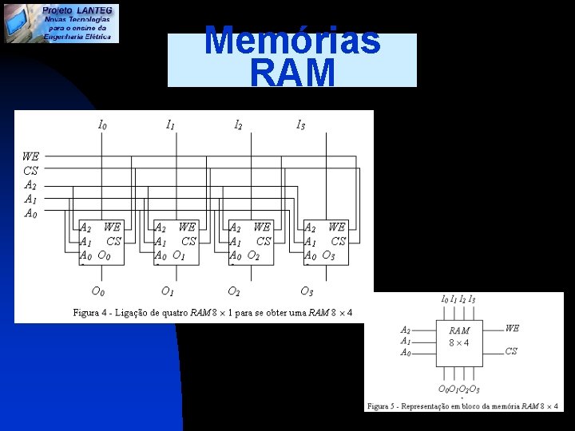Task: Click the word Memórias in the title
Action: coord(292,40)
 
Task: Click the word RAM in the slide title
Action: coord(292,73)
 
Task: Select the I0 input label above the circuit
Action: coord(102,125)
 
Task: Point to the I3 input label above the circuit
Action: coord(300,125)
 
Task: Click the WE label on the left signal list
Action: coord(31,156)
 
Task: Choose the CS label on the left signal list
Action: coord(31,171)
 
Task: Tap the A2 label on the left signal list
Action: coord(30,185)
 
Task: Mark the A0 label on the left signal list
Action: coord(30,213)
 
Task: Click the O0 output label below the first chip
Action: coord(97,291)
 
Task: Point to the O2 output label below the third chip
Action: coord(234,291)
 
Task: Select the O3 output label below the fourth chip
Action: coord(307,291)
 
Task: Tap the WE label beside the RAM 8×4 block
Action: coord(512,328)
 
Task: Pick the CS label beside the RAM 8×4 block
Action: coord(511,351)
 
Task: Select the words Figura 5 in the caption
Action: coord(386,406)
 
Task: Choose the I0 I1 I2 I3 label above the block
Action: coord(458,299)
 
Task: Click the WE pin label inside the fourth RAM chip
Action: coord(337,227)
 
